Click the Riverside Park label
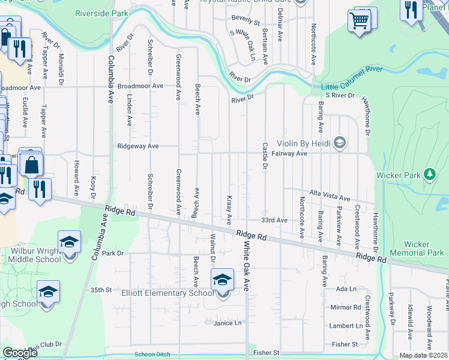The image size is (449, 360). [101, 13]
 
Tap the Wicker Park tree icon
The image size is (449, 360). [429, 175]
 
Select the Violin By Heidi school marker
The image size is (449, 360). [340, 142]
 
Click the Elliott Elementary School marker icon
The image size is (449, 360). [222, 279]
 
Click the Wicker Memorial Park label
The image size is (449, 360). [417, 248]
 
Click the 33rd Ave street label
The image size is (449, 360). [274, 220]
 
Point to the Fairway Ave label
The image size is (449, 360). [291, 154]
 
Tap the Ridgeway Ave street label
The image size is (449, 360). [138, 146]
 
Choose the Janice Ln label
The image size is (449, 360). [228, 323]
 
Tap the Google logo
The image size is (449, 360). [20, 353]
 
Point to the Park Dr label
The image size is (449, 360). [112, 253]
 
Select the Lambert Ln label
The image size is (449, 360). [346, 326]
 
